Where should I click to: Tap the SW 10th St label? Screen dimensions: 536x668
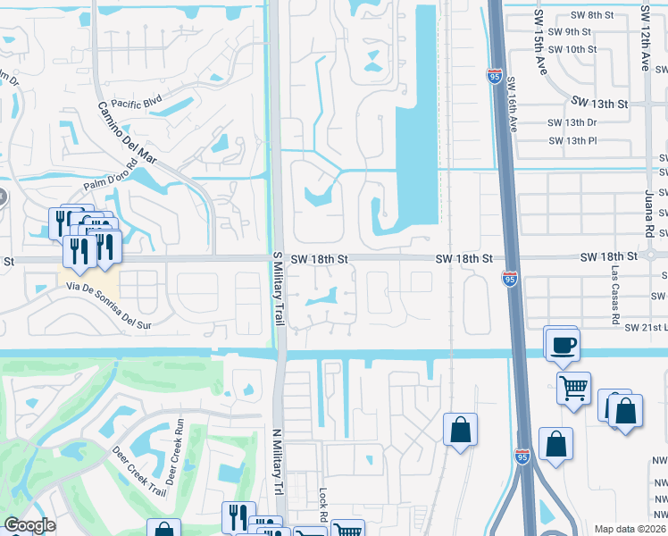coord(572,49)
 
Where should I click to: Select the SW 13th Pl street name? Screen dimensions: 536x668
coord(572,140)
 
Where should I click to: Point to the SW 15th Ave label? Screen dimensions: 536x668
coord(539,30)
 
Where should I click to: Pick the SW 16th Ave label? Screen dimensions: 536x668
coord(513,104)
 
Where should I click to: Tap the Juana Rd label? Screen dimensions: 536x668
coord(650,212)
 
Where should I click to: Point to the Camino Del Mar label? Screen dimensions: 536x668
coord(128,133)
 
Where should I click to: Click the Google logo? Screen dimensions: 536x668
coord(29,525)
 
